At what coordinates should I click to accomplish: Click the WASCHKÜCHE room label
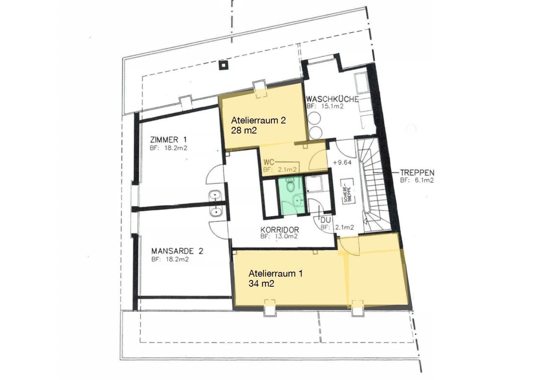pyautogui.click(x=333, y=99)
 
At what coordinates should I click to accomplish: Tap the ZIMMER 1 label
pyautogui.click(x=168, y=140)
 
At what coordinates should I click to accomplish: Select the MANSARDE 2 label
pyautogui.click(x=177, y=251)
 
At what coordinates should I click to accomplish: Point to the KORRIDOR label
pyautogui.click(x=280, y=230)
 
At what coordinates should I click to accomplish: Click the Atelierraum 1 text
pyautogui.click(x=276, y=274)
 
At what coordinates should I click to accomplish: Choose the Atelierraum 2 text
pyautogui.click(x=258, y=121)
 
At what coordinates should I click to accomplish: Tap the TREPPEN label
pyautogui.click(x=417, y=173)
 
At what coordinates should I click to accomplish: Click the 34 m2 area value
pyautogui.click(x=261, y=284)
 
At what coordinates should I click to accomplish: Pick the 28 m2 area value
pyautogui.click(x=244, y=130)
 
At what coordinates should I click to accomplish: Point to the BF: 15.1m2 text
pyautogui.click(x=325, y=106)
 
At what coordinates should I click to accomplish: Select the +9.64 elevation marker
pyautogui.click(x=342, y=162)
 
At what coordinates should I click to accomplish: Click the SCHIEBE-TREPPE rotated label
pyautogui.click(x=347, y=195)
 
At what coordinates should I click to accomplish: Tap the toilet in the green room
pyautogui.click(x=291, y=186)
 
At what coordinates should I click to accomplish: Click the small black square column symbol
pyautogui.click(x=223, y=65)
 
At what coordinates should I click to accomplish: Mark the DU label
pyautogui.click(x=325, y=220)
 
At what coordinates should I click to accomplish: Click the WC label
pyautogui.click(x=269, y=162)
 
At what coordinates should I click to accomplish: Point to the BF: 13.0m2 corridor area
pyautogui.click(x=279, y=236)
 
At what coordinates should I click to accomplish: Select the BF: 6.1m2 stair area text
pyautogui.click(x=417, y=180)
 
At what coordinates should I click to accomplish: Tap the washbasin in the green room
pyautogui.click(x=297, y=201)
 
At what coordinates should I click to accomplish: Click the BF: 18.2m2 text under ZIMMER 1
pyautogui.click(x=168, y=148)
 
